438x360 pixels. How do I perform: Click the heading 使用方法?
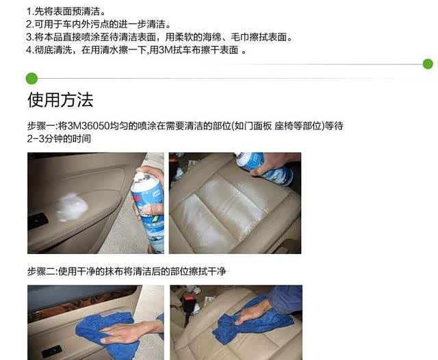coord(60,100)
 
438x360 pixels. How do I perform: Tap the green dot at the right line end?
coord(428,64)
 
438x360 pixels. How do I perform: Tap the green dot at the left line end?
coord(31,79)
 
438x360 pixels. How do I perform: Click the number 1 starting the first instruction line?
coord(29,12)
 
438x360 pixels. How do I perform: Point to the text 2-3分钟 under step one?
coord(44,138)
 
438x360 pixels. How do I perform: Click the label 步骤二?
coord(41,271)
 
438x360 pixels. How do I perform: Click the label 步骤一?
coord(41,126)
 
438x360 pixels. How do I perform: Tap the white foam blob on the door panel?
coord(72,207)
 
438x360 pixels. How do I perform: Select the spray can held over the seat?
coord(263,168)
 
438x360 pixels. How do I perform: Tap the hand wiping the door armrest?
coord(126,332)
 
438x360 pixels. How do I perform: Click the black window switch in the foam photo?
coord(38,220)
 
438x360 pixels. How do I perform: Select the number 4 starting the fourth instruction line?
coord(29,50)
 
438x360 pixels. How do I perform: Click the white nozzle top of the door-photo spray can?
coord(142,177)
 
